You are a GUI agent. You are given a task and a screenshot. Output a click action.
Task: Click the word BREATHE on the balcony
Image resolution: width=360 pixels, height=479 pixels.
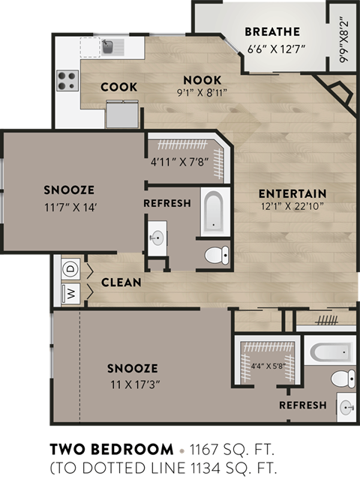click(272, 31)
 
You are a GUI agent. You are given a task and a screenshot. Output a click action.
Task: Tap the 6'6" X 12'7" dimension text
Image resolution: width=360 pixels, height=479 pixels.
click(272, 49)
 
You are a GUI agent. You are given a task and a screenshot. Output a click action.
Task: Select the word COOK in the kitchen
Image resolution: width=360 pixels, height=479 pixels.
click(119, 87)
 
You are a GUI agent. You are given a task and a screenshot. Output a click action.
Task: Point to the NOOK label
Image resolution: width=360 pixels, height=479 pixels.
click(201, 80)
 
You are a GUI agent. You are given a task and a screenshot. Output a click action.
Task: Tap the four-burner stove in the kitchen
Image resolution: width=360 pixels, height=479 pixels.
click(67, 80)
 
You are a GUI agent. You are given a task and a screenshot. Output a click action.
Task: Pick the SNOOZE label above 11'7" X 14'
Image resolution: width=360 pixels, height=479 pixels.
click(69, 189)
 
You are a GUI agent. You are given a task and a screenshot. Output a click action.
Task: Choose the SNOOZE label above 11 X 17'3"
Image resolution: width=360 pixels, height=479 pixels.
click(132, 368)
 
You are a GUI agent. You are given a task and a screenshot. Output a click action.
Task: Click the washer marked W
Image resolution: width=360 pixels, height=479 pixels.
click(70, 293)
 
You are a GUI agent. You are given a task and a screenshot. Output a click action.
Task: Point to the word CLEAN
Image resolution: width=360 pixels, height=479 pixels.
click(121, 283)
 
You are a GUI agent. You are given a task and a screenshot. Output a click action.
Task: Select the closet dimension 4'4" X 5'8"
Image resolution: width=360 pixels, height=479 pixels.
click(268, 367)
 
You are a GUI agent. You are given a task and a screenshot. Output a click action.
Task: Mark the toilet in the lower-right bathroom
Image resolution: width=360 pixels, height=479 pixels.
click(342, 377)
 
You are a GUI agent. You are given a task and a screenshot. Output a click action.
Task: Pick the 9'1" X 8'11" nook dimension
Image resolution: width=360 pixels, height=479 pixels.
click(201, 94)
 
